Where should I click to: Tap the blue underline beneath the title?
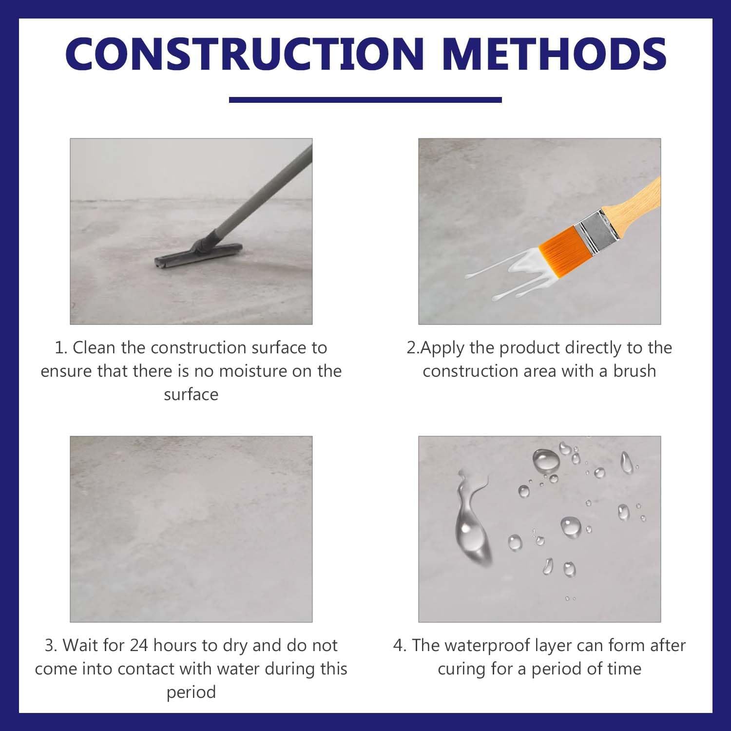tap(365, 100)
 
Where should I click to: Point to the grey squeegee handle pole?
tap(263, 190)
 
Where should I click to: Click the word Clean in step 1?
tap(94, 348)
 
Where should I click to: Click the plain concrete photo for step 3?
tap(191, 529)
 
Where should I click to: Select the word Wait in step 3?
tap(81, 646)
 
